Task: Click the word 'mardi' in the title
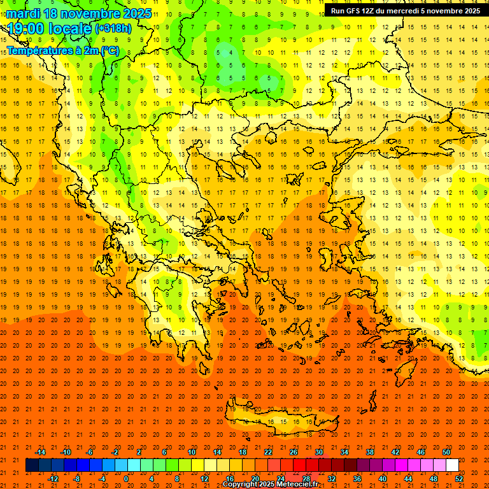pos(22,13)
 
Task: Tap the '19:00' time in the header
pos(26,29)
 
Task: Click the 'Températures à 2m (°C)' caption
pos(62,51)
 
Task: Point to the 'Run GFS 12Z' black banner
pos(405,10)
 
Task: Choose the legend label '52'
pos(459,479)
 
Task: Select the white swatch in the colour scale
pos(452,465)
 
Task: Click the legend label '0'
pos(126,479)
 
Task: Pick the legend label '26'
pos(294,452)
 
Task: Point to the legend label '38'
pos(370,452)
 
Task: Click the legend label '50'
pos(446,452)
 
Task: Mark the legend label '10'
pos(191,452)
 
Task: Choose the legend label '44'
pos(408,479)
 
